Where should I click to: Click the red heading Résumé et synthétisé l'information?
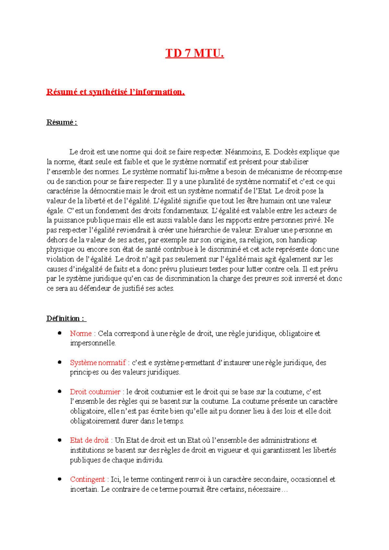[x=115, y=92]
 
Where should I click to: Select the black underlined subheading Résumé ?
[x=62, y=122]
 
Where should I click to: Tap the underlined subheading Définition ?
[x=66, y=318]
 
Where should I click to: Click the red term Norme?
[x=81, y=333]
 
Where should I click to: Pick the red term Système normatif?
[x=98, y=362]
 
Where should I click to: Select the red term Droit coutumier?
[x=95, y=392]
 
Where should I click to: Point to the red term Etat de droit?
[x=89, y=440]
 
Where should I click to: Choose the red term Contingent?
[x=87, y=479]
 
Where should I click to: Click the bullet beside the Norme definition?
[x=60, y=333]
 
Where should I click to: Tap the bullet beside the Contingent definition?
[x=60, y=479]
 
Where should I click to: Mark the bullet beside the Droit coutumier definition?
[x=60, y=391]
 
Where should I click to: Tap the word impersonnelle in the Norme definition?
[x=93, y=343]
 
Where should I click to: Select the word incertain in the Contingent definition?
[x=84, y=489]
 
